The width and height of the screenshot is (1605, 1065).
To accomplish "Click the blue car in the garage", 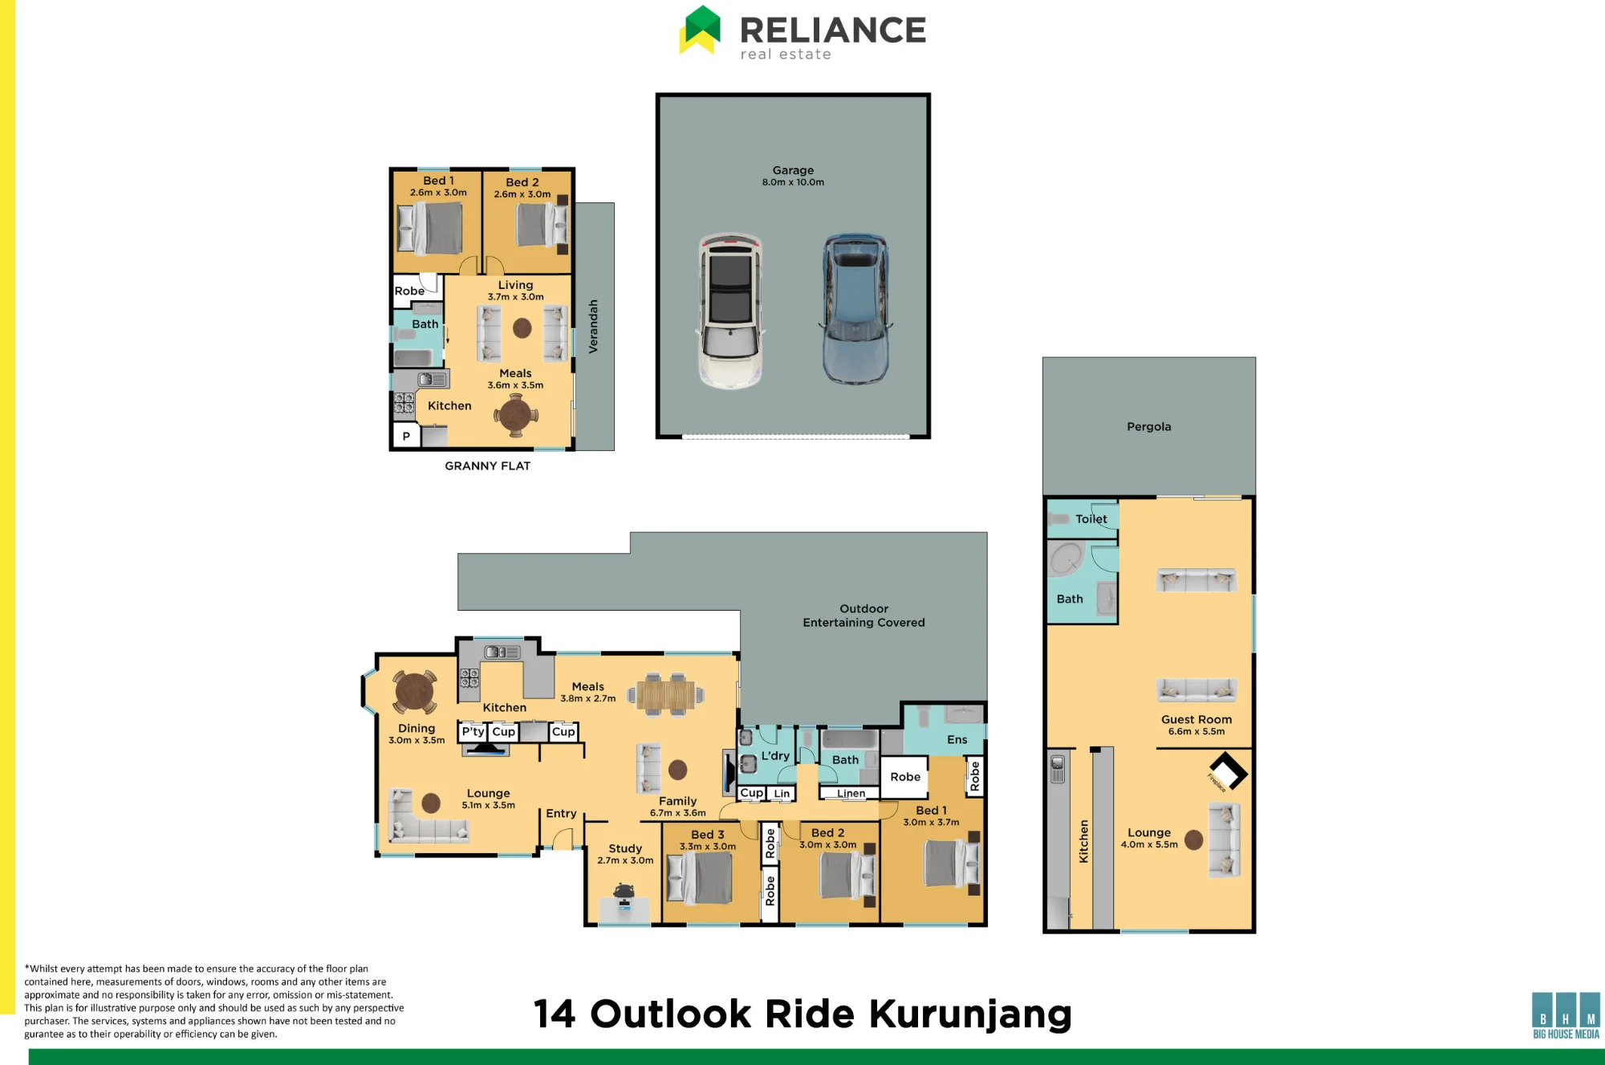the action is pyautogui.click(x=855, y=310).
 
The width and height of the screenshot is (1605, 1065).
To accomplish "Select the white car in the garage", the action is pyautogui.click(x=730, y=311).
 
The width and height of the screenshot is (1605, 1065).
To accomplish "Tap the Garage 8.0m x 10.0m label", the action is pyautogui.click(x=793, y=176).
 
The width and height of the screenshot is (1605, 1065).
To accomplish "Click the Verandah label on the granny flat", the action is pyautogui.click(x=593, y=326).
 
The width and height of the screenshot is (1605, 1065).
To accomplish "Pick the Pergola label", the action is pyautogui.click(x=1148, y=426).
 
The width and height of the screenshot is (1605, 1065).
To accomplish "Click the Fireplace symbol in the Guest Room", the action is pyautogui.click(x=1228, y=772).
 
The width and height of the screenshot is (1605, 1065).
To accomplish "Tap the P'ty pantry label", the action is pyautogui.click(x=473, y=731).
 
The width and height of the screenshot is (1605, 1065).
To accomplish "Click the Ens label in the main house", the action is pyautogui.click(x=957, y=739).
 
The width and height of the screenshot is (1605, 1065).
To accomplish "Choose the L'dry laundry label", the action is pyautogui.click(x=775, y=755).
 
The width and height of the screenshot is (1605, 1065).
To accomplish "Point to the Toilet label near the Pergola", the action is pyautogui.click(x=1091, y=518).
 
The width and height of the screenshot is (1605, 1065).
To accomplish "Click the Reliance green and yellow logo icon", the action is pyautogui.click(x=700, y=30).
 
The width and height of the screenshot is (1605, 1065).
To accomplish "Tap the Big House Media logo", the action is pyautogui.click(x=1566, y=1015).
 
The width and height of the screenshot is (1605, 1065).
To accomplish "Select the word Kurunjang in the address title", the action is pyautogui.click(x=970, y=1014).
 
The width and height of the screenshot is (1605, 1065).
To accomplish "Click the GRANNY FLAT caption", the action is pyautogui.click(x=487, y=465).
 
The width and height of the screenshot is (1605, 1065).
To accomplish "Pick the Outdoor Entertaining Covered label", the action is pyautogui.click(x=863, y=616).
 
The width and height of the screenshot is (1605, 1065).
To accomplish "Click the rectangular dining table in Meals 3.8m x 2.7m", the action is pyautogui.click(x=666, y=694).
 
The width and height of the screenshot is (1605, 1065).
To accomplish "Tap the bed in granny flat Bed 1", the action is pyautogui.click(x=431, y=229).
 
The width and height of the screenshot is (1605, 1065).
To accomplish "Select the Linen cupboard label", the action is pyautogui.click(x=851, y=793).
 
